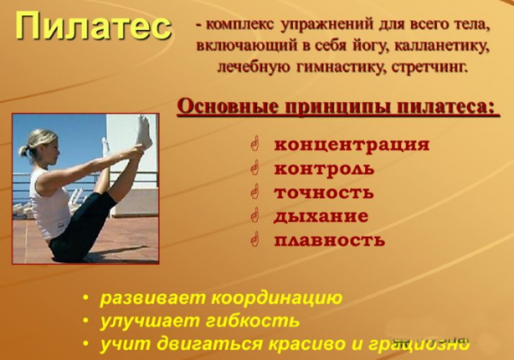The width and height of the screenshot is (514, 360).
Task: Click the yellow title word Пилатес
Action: (x=93, y=27)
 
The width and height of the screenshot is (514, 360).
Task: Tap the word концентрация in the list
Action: (x=351, y=144)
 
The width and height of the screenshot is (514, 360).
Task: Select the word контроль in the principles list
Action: (x=324, y=168)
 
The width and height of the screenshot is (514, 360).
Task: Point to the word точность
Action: (x=323, y=192)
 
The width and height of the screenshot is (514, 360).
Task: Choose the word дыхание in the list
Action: (x=320, y=216)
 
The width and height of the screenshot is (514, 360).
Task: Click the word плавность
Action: (x=329, y=240)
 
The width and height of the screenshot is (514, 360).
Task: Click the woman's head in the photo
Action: (x=40, y=146)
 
